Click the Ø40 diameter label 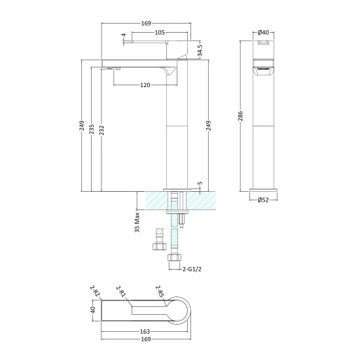tap(263, 32)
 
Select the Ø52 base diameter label tap(263, 200)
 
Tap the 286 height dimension tap(240, 116)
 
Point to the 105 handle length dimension tap(160, 32)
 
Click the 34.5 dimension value tap(200, 50)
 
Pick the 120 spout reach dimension tap(145, 85)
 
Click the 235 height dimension tap(92, 129)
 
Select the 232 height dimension tap(101, 130)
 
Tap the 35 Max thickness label tap(137, 223)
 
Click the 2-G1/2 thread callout tap(192, 269)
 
